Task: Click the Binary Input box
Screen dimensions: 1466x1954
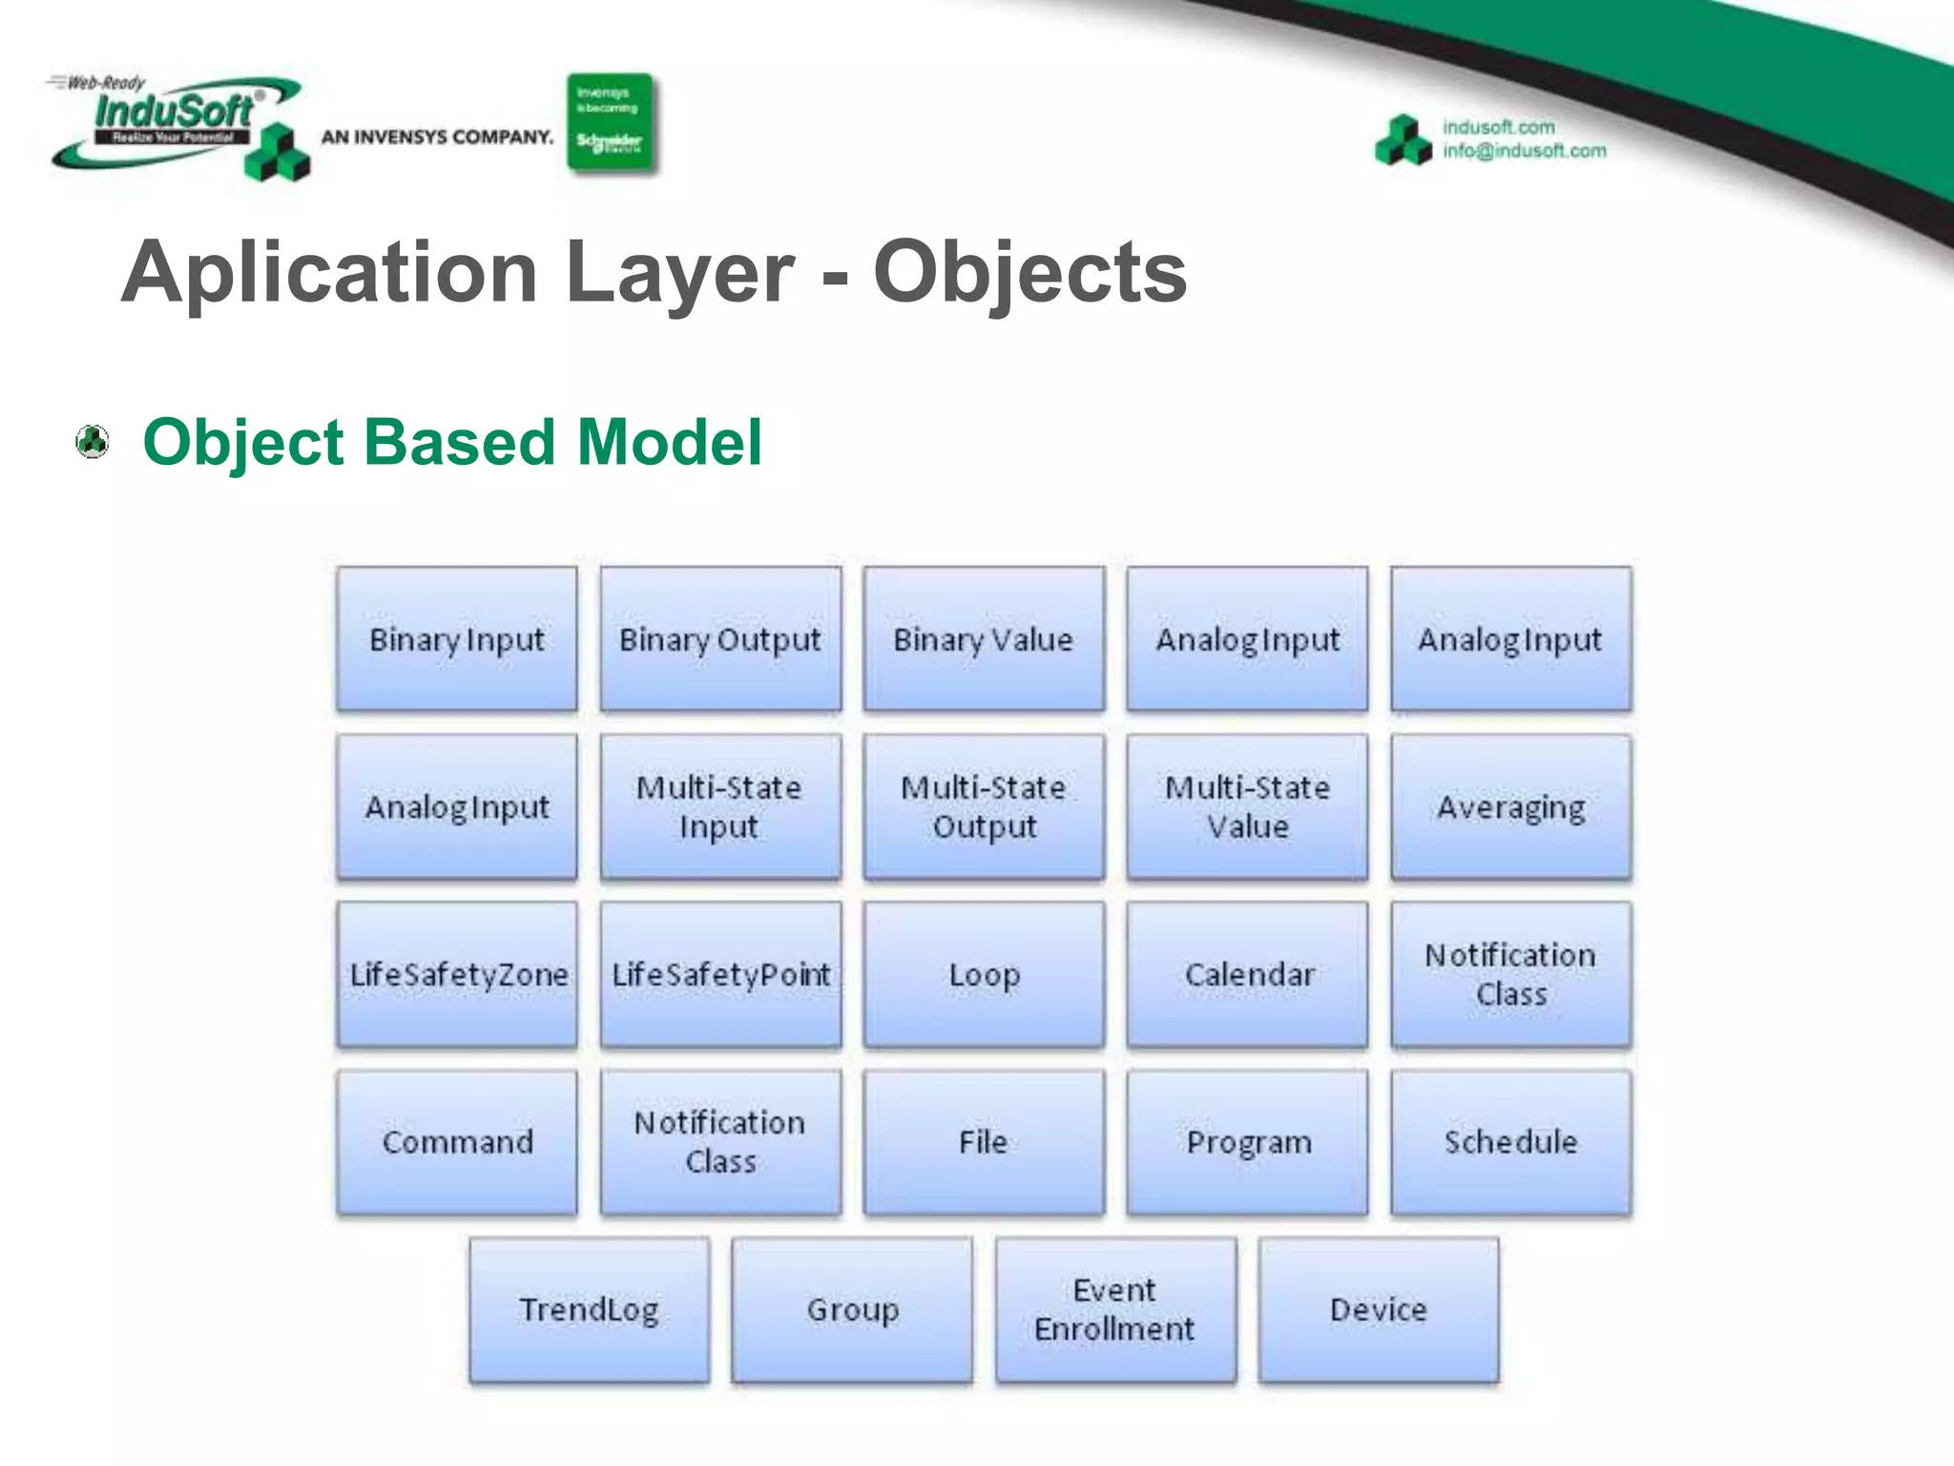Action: (x=457, y=639)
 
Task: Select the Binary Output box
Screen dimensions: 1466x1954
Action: (x=720, y=639)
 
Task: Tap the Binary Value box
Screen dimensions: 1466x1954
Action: (x=984, y=639)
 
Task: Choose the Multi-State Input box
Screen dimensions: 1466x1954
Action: (x=720, y=806)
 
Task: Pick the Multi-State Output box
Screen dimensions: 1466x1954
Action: (x=984, y=806)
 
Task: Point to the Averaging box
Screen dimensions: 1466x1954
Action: (x=1510, y=806)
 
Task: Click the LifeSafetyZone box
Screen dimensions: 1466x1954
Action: (x=457, y=974)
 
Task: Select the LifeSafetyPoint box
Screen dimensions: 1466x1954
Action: (x=720, y=974)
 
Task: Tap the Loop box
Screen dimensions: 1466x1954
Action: (x=984, y=974)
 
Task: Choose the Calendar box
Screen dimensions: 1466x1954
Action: (x=1247, y=974)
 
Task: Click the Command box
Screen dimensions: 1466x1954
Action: (x=457, y=1141)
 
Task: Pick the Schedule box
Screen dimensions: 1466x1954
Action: (x=1510, y=1141)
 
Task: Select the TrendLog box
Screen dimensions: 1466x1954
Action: (x=590, y=1309)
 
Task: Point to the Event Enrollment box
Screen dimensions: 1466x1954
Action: (x=1115, y=1309)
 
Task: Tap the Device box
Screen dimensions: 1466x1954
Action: (x=1379, y=1309)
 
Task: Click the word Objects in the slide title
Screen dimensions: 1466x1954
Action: (x=1029, y=274)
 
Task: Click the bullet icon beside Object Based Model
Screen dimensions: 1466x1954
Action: (x=93, y=442)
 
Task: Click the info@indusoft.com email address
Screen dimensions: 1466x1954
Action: (x=1524, y=151)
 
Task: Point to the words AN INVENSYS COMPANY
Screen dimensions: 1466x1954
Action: (x=437, y=137)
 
